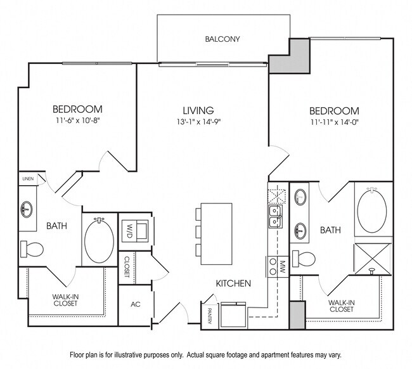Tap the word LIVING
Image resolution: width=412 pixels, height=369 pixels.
[x=195, y=110]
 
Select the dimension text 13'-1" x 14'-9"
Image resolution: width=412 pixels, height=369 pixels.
[x=195, y=122]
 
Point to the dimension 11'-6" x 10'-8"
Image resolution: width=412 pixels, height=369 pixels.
[x=77, y=121]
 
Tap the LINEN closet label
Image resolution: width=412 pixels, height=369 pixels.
[x=27, y=179]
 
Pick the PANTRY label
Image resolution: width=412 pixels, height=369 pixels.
[x=209, y=315]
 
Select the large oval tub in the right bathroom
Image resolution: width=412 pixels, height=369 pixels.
[x=374, y=210]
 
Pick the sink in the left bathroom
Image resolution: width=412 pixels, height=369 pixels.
[x=27, y=208]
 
